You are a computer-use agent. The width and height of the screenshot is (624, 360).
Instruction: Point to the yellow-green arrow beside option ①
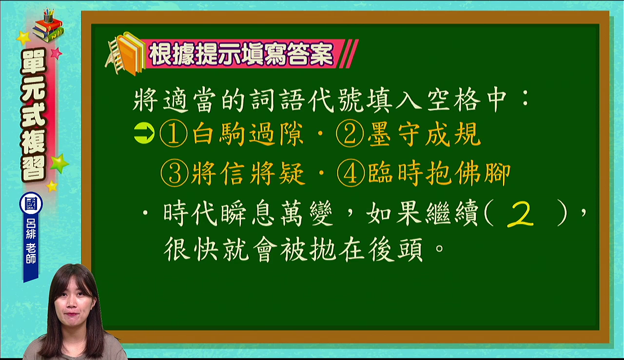tap(144, 134)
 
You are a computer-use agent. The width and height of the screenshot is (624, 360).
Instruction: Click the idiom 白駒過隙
tap(248, 134)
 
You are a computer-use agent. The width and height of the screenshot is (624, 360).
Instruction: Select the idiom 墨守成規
tap(424, 134)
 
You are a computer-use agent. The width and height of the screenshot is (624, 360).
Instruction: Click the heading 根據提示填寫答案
tap(241, 54)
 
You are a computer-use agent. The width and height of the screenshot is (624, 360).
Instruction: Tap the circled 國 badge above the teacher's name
tap(31, 203)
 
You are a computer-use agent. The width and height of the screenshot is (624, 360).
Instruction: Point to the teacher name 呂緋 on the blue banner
tap(31, 228)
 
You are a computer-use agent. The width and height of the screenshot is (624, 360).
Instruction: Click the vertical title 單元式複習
tap(34, 115)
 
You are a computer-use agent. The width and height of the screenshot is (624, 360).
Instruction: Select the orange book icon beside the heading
tap(125, 54)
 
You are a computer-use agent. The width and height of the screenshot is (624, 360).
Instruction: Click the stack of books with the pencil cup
tap(48, 25)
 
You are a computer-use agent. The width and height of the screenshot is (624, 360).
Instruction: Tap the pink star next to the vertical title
tap(56, 53)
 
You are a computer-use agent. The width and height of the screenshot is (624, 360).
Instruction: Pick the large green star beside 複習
tap(59, 163)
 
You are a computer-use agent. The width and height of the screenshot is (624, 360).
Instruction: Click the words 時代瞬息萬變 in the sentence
tap(248, 214)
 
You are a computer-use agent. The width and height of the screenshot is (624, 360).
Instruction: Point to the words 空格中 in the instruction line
tap(467, 100)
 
